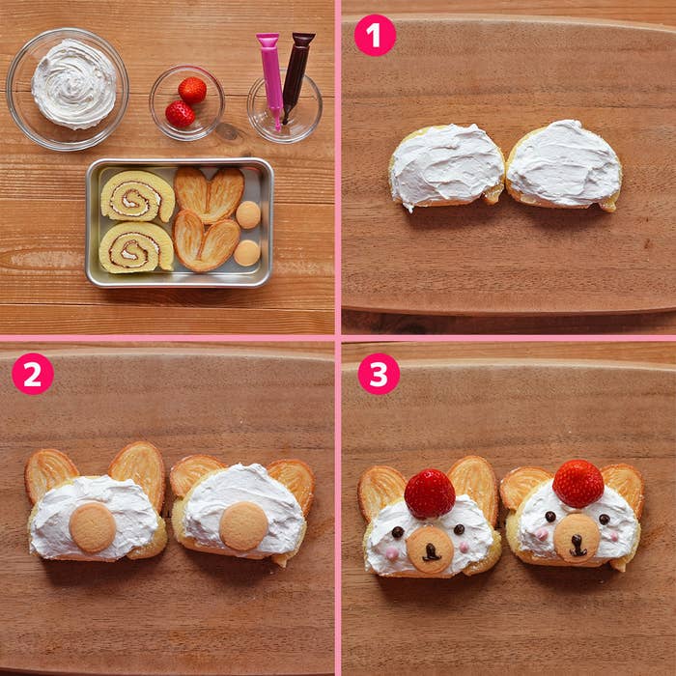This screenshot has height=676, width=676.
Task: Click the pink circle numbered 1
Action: pos(375,35)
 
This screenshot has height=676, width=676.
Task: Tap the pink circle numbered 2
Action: pos(33,374)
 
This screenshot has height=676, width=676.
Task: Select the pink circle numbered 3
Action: pos(379,374)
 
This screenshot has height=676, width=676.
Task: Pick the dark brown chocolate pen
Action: pos(296,75)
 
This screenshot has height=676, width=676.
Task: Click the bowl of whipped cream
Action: pos(68,89)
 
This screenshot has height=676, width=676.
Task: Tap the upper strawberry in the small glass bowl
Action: pos(192,90)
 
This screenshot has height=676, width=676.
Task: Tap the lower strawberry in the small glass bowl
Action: pos(181,114)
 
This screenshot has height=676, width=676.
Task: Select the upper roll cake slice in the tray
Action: pos(137,196)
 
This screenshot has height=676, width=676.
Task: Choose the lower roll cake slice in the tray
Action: pos(136,247)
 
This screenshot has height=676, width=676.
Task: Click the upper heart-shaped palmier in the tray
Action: pos(210,194)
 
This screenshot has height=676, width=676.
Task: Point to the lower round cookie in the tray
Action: pos(247,253)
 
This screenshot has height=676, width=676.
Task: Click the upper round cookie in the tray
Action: pos(248,214)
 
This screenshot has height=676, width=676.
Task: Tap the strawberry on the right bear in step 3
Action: pos(578,484)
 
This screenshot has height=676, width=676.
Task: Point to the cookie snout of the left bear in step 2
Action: pos(93,527)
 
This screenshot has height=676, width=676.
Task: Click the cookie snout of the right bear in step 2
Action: pos(243,526)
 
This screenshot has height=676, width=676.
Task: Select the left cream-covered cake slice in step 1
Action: pos(446,167)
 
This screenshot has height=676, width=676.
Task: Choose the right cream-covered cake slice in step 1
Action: pos(564,165)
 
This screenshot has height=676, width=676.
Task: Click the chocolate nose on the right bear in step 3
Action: pos(577,546)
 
